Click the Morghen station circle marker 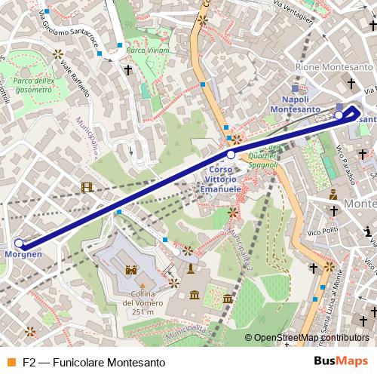click(20, 244)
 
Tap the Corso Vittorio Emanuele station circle click(231, 155)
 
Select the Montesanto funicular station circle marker click(339, 115)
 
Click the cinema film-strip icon click(89, 188)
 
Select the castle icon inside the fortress click(130, 268)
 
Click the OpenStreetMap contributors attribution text click(311, 339)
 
